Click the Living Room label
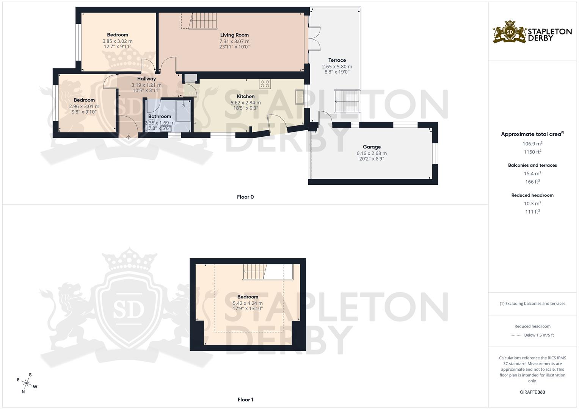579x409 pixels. click(x=234, y=35)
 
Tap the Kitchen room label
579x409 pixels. click(x=245, y=96)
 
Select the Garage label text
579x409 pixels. click(x=372, y=147)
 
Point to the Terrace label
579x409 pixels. click(x=337, y=60)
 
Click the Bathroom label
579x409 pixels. click(x=160, y=116)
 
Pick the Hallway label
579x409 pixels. click(x=146, y=79)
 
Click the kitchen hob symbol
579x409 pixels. click(x=264, y=84)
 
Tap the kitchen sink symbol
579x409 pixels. click(x=300, y=97)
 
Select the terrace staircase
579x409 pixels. click(x=347, y=101)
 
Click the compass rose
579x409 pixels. click(x=27, y=383)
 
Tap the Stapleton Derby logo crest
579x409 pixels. click(x=510, y=32)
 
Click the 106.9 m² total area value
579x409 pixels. click(x=532, y=144)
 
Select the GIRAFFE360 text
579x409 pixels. click(x=532, y=392)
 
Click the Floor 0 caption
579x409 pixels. click(x=245, y=197)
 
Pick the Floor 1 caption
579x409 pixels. click(x=245, y=400)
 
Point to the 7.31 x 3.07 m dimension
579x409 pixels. click(x=234, y=41)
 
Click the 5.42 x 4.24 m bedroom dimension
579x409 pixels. click(x=248, y=303)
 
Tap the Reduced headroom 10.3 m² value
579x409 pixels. click(x=532, y=203)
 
